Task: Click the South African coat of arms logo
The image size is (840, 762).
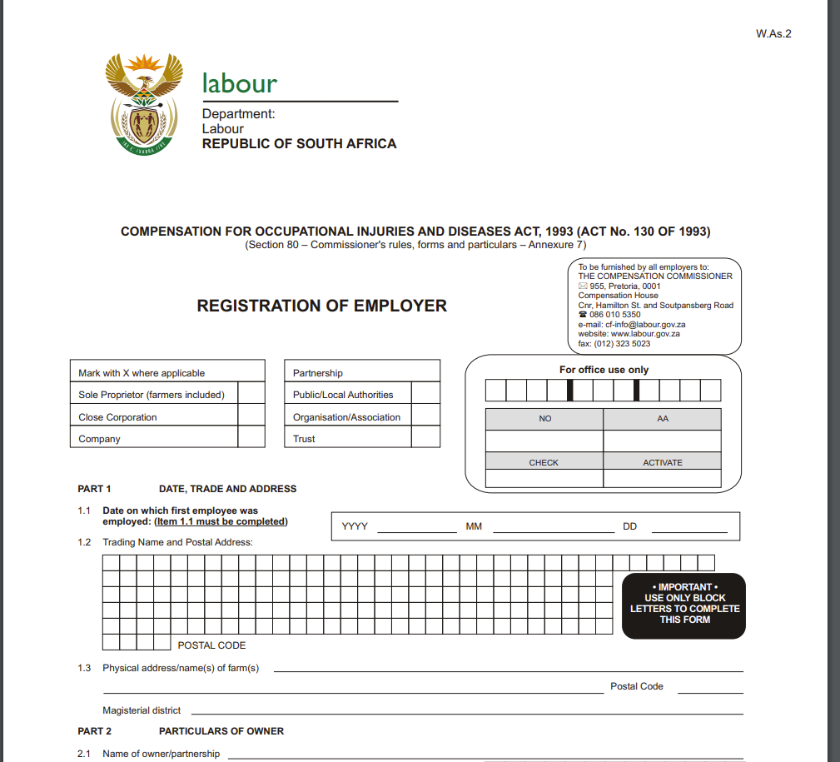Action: tap(143, 103)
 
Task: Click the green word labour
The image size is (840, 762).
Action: tap(239, 84)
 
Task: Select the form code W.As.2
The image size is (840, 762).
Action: tap(773, 34)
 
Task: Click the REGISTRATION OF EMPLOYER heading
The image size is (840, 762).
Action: tap(321, 306)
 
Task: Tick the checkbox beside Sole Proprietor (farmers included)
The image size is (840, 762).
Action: tap(251, 395)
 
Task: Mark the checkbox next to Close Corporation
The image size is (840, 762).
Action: tap(251, 416)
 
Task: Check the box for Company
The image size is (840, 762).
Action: tap(251, 438)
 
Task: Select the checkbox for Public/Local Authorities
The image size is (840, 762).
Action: tap(425, 395)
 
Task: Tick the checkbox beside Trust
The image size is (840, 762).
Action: tap(425, 438)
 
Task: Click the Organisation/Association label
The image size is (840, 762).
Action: tap(346, 417)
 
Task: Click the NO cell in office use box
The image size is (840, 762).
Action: tap(544, 418)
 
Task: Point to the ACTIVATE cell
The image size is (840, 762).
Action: tap(662, 462)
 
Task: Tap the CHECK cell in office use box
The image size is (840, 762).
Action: tap(544, 462)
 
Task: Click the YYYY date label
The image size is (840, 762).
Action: tap(355, 526)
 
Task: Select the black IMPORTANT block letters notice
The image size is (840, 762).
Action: tap(683, 605)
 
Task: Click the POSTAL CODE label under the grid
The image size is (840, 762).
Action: tap(211, 645)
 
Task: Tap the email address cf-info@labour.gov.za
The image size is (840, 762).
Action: tap(632, 325)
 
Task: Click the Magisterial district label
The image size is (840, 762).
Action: tap(142, 710)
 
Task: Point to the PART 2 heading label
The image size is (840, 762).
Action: tap(94, 731)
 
